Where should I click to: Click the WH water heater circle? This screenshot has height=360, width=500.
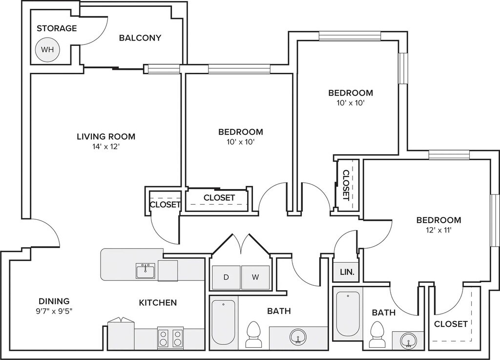tap(47, 50)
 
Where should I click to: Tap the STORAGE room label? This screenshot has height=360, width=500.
tap(57, 28)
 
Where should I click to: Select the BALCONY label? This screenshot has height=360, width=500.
tap(140, 38)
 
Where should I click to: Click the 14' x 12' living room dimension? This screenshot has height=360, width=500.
tap(106, 147)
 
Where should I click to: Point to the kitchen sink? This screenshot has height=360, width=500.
tap(146, 271)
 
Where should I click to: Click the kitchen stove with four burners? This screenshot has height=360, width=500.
tap(170, 338)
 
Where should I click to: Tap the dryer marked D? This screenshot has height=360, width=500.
tap(226, 277)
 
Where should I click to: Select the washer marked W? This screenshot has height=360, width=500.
tap(255, 277)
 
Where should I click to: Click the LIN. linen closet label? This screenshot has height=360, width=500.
tap(347, 272)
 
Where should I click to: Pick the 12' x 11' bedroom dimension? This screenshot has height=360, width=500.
tap(439, 230)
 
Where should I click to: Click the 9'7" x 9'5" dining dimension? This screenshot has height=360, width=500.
tap(54, 311)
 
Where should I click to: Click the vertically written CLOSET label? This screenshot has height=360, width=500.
tap(346, 185)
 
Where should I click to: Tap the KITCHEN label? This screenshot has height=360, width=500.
tap(158, 302)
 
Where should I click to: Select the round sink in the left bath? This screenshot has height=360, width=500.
tap(298, 337)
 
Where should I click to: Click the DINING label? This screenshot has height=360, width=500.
tap(54, 301)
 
